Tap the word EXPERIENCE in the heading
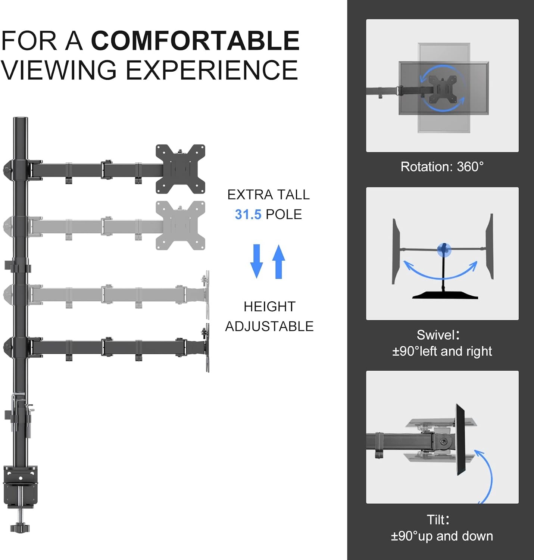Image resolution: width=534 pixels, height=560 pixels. point(212,70)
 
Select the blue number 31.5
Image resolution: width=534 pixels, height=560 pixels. point(248,215)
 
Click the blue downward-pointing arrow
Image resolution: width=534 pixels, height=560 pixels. point(256,261)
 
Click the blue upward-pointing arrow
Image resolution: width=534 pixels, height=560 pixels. point(278,261)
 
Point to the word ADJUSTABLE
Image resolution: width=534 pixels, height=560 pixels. point(269,326)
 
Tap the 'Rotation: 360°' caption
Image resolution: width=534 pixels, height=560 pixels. point(442,167)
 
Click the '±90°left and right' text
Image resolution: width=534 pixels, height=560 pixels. point(442,351)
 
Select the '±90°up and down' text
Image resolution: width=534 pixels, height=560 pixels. point(442,536)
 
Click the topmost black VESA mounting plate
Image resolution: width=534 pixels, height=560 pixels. point(180,169)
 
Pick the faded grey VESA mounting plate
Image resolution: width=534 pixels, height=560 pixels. point(180,225)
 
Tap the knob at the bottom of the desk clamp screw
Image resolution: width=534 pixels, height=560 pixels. point(20,528)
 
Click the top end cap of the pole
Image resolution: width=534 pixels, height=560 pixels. point(21,119)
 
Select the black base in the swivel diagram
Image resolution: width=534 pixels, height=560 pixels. point(445,295)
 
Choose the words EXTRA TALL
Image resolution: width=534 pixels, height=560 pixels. point(269,195)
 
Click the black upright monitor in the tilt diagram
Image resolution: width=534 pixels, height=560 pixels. point(460,440)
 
